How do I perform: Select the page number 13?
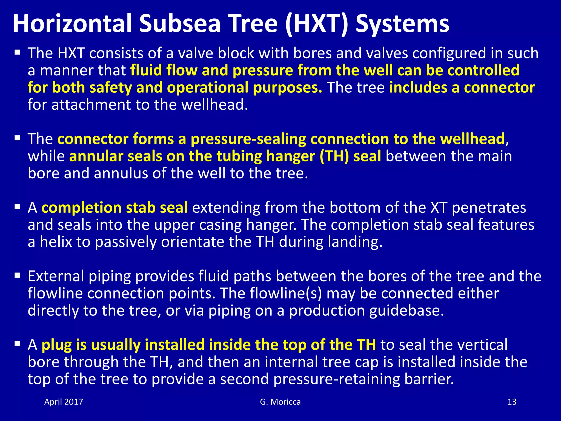[512, 402]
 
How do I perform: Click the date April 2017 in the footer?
[64, 402]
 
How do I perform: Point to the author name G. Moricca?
[280, 402]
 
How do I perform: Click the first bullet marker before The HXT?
[18, 52]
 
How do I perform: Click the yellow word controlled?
[483, 70]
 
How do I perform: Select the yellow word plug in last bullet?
[56, 345]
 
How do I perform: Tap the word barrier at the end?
[429, 379]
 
